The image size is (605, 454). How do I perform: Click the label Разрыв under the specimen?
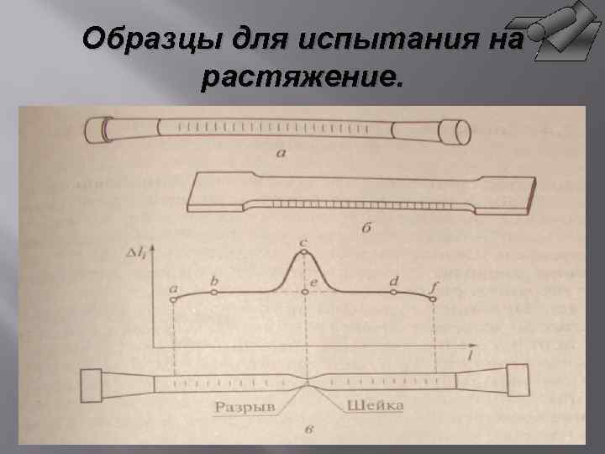(x=244, y=407)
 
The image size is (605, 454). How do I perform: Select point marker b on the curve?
(x=215, y=293)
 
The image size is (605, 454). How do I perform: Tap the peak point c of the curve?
(x=304, y=252)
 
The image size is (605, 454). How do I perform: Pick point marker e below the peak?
(x=304, y=292)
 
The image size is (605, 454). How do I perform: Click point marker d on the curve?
(x=393, y=293)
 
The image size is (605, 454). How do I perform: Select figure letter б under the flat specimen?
(x=367, y=228)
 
